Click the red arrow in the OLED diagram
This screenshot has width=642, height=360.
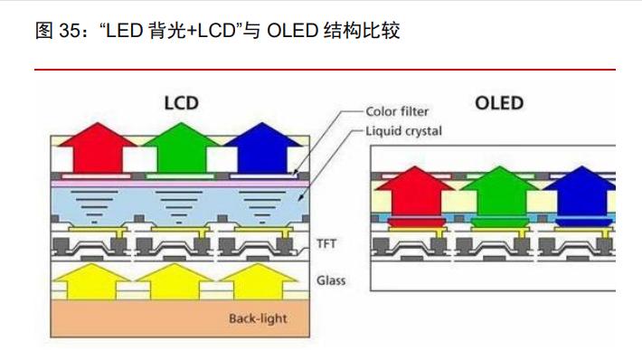click(413, 192)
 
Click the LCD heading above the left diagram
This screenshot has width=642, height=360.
click(181, 102)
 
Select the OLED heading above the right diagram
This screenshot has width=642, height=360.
click(499, 102)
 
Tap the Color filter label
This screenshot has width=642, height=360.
click(397, 112)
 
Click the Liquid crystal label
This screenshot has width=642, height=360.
click(403, 131)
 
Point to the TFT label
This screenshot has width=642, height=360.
click(326, 243)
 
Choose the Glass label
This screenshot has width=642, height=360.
click(331, 280)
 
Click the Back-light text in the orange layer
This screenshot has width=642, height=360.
click(257, 318)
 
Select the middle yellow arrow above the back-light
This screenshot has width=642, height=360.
click(174, 280)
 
